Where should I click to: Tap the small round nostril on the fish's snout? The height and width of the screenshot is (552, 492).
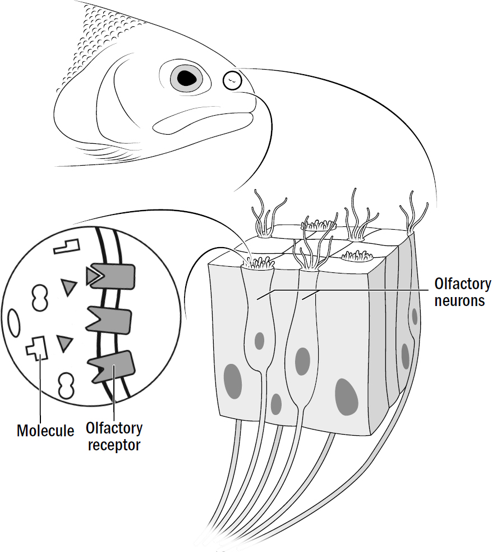[232, 81]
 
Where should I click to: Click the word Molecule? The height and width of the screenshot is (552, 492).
[45, 431]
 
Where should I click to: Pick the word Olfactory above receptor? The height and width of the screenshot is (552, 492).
[114, 429]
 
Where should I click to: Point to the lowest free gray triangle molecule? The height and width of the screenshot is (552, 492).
[66, 342]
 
